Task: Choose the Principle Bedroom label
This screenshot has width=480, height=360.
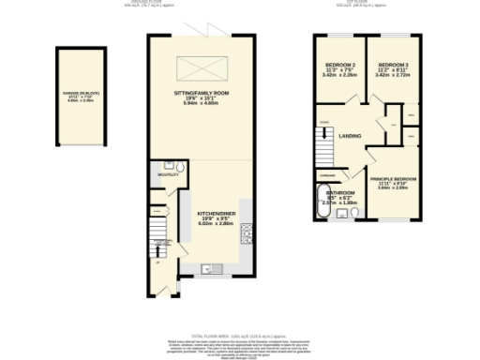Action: (x=392, y=178)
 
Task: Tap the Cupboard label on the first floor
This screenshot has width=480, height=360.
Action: (x=327, y=175)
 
